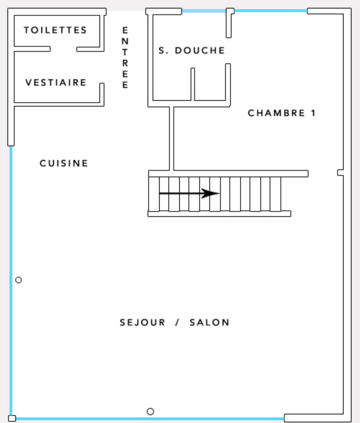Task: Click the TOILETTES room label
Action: click(x=55, y=30)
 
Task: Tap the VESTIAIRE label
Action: click(x=56, y=82)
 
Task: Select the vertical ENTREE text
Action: click(x=125, y=57)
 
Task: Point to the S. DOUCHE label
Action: click(x=192, y=50)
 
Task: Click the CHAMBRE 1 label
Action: click(x=282, y=113)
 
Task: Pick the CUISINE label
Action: click(x=64, y=163)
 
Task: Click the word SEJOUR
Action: click(x=142, y=322)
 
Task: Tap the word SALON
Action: click(x=210, y=322)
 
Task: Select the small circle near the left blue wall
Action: click(x=18, y=280)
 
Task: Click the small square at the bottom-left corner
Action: click(x=12, y=418)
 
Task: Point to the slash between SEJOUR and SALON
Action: click(x=177, y=322)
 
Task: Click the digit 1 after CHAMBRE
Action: click(x=314, y=113)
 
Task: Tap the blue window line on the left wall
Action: click(x=11, y=281)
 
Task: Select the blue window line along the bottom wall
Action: click(x=150, y=419)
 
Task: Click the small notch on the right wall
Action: click(x=340, y=173)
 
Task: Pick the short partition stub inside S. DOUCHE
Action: click(x=193, y=84)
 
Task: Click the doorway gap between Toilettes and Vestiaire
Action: click(x=63, y=49)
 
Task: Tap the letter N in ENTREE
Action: click(x=125, y=41)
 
